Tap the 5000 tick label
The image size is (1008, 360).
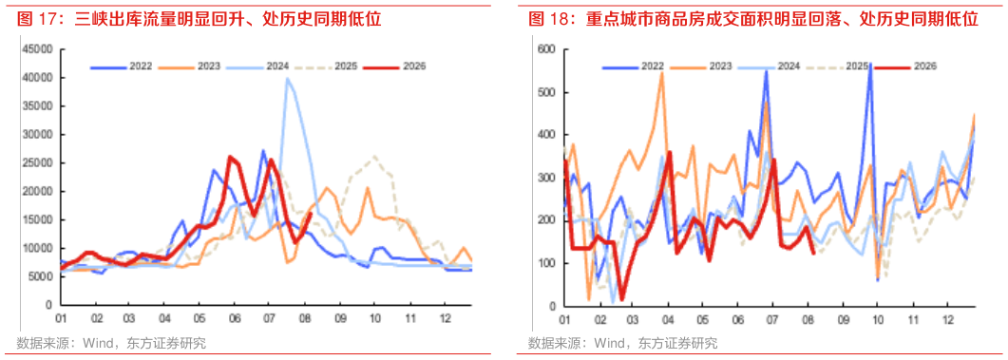[x=43, y=276]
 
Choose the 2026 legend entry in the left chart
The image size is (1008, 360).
[x=394, y=66]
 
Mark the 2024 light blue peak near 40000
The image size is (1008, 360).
[x=287, y=79]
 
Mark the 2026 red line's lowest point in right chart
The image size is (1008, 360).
[x=621, y=299]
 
